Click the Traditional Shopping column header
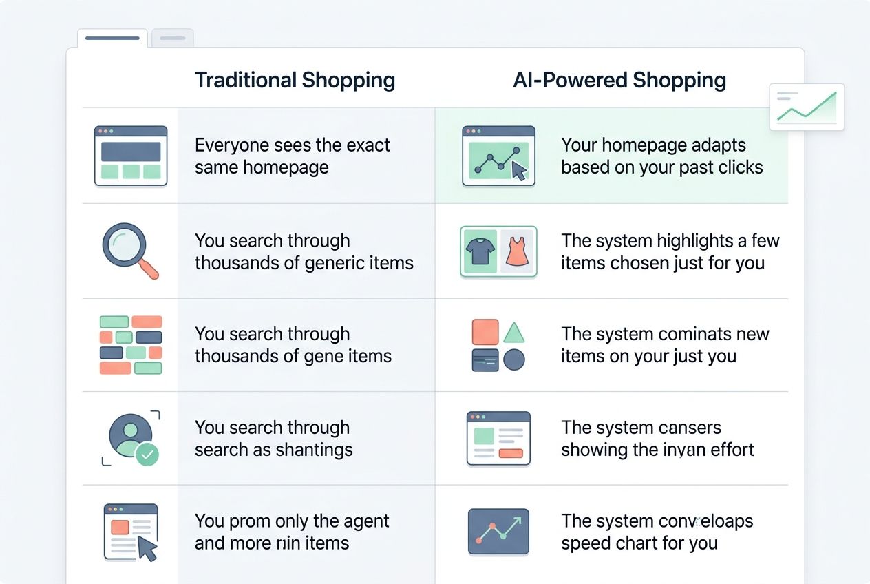coord(295,81)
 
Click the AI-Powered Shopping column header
coord(619,81)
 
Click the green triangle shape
coord(513,333)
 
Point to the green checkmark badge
coord(147,454)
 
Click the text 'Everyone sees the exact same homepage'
coord(292,156)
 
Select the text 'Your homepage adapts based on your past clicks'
coord(661,156)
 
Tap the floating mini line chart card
coord(807,107)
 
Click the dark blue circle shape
coord(513,359)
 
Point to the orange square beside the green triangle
coord(485,332)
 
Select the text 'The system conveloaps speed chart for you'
coord(657,532)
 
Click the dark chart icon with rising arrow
coord(498,532)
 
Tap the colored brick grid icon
coord(131,344)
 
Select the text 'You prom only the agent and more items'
coord(292,532)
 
